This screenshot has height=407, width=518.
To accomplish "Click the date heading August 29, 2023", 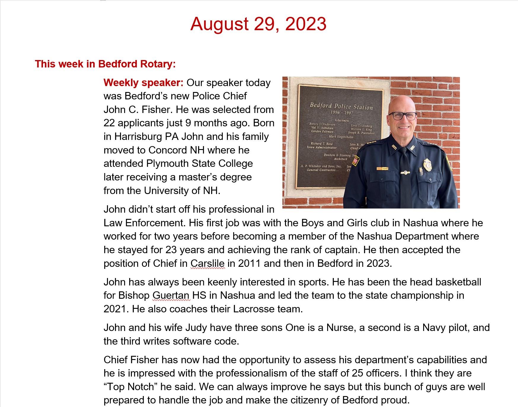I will (x=258, y=24).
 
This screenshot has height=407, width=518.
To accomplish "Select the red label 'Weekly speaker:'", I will (x=144, y=83).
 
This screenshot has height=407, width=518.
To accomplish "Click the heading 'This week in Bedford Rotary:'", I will (x=105, y=64).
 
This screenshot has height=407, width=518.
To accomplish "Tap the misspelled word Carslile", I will (x=207, y=263).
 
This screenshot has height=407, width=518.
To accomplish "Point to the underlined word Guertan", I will (x=171, y=295).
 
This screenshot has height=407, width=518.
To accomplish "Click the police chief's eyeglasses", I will (x=402, y=115).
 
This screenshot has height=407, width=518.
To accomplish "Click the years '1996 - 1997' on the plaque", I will (x=342, y=113).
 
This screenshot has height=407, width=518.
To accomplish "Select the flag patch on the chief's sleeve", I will (x=355, y=161).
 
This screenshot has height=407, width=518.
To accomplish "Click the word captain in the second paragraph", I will (x=341, y=250).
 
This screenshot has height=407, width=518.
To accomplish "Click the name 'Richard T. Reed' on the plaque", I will (x=322, y=143).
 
